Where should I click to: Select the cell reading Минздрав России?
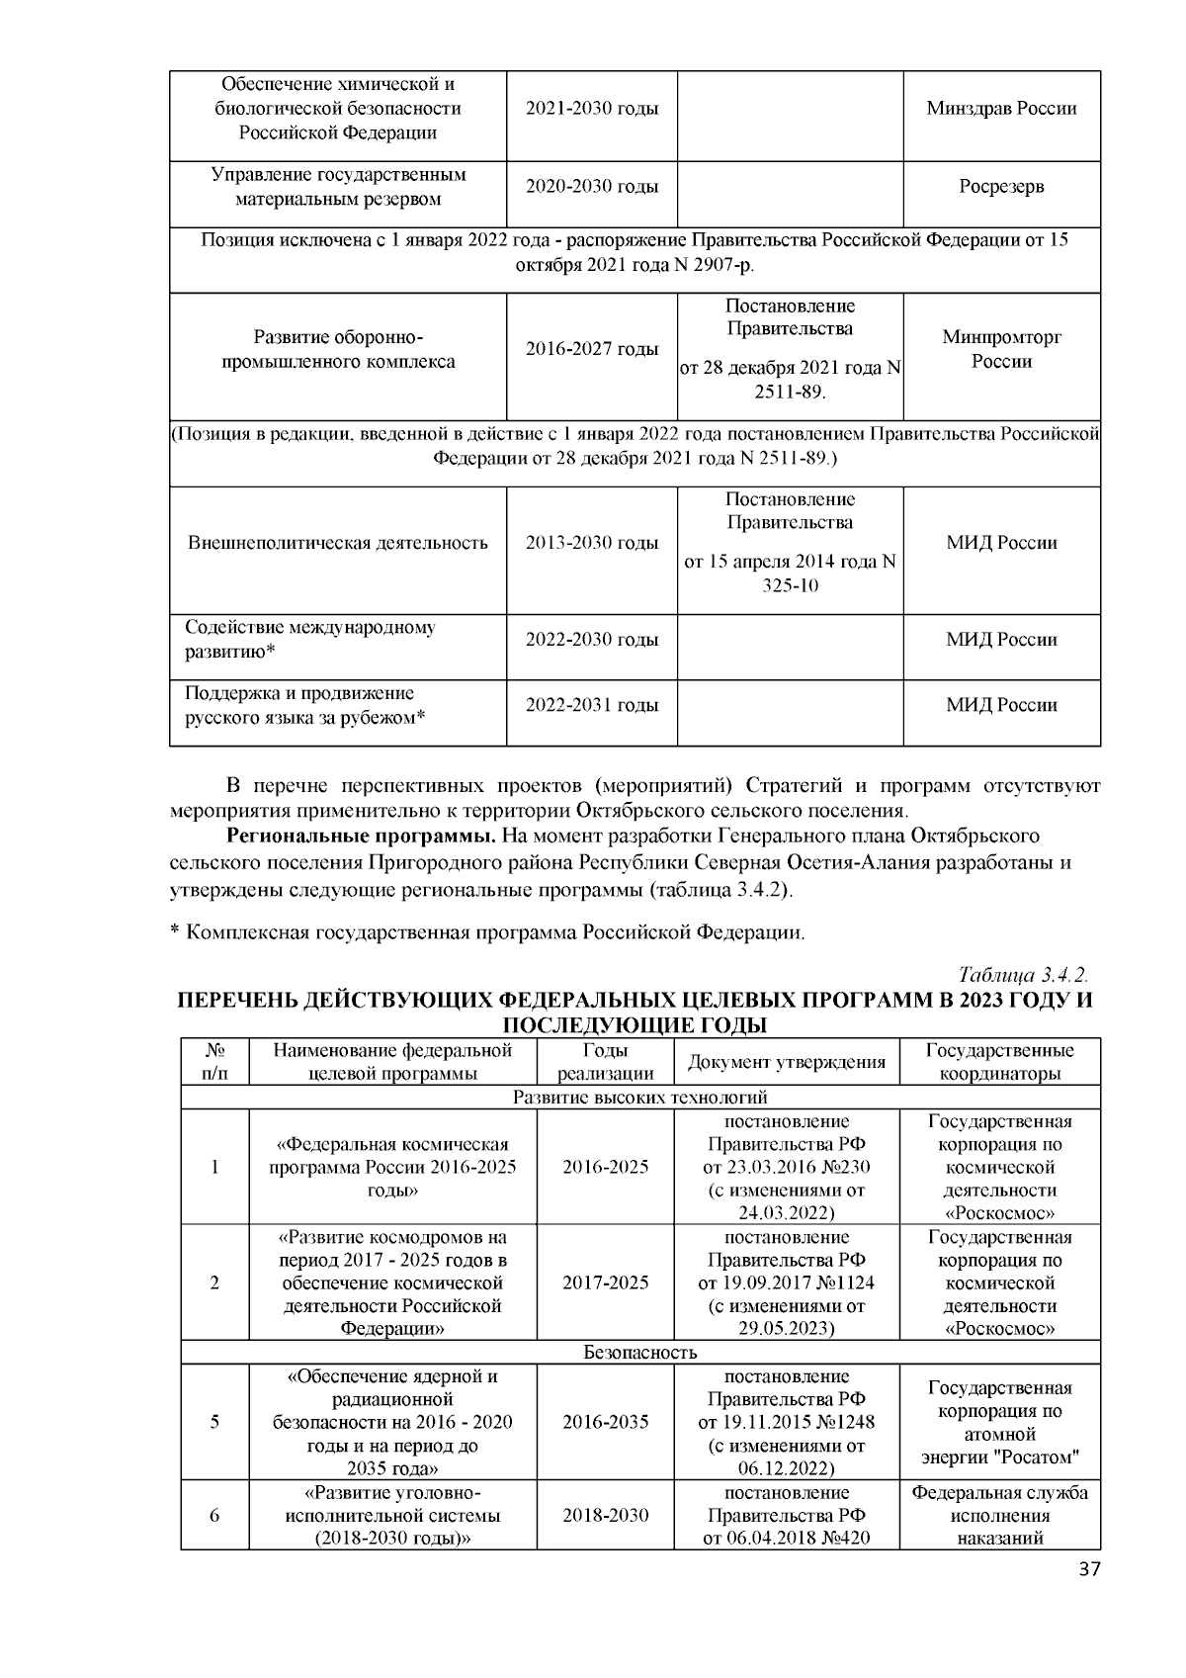coord(1001,109)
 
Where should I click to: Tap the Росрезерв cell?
coord(1001,187)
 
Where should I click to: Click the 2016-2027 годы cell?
coord(591,349)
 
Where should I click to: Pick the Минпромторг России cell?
coord(1001,349)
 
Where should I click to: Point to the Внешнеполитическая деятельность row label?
coord(338,543)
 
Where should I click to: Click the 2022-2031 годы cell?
coord(591,705)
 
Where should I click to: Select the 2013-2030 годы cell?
coord(591,543)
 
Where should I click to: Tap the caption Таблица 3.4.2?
coord(1023,976)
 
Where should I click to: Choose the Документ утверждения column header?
coord(786,1062)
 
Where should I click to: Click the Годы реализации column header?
coord(606,1062)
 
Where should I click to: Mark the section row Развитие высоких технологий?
coord(639,1098)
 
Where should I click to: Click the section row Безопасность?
coord(639,1352)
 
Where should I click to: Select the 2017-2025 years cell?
coord(606,1282)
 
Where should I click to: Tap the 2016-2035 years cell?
coord(606,1422)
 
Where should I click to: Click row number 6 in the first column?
coord(214,1515)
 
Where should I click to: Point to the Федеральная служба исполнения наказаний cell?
coord(999,1515)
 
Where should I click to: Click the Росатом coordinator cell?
coord(999,1422)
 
